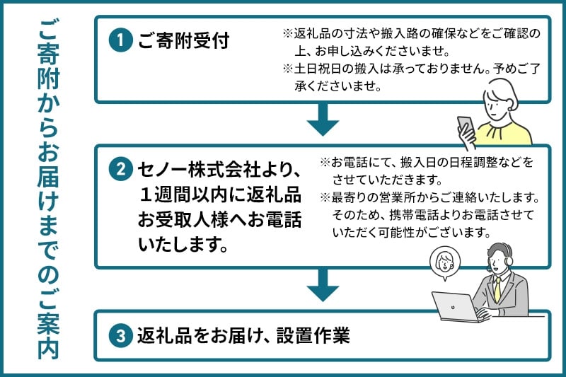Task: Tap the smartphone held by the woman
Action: click(x=466, y=128)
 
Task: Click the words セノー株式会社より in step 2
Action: click(x=220, y=170)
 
